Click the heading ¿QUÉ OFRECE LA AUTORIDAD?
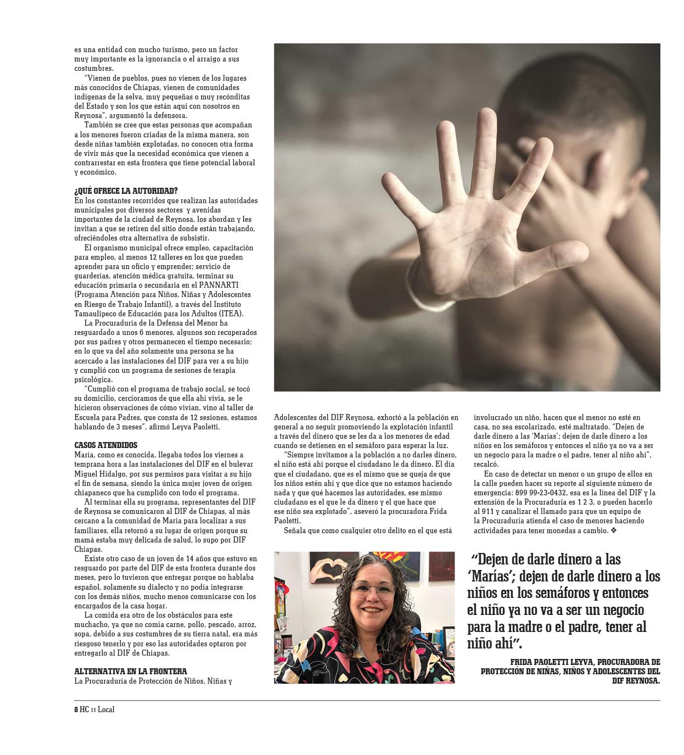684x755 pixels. click(126, 191)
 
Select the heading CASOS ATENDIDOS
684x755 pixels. click(106, 445)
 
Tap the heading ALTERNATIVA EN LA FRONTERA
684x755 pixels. click(131, 671)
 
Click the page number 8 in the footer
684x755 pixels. click(76, 709)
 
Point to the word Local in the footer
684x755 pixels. click(106, 709)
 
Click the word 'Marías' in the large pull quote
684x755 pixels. click(492, 577)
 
